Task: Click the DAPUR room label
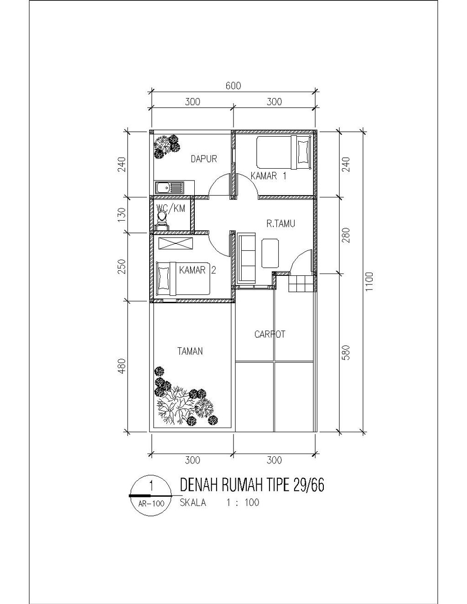click(x=204, y=159)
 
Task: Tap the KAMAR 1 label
click(x=269, y=176)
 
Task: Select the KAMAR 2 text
click(x=197, y=270)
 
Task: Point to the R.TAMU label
click(x=280, y=223)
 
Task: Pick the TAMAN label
click(x=190, y=351)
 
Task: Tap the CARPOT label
click(x=270, y=334)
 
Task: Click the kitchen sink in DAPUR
click(x=169, y=187)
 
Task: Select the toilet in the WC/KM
click(x=161, y=220)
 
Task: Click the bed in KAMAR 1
click(x=283, y=153)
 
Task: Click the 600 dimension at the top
click(x=233, y=86)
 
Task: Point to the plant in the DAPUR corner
click(x=166, y=145)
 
